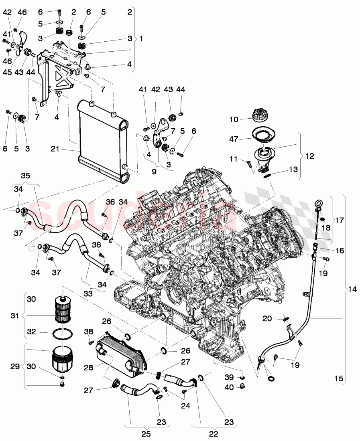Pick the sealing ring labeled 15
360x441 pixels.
271,379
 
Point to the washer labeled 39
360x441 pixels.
243,378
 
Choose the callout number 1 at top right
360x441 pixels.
140,38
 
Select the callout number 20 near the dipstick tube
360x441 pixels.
268,318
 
